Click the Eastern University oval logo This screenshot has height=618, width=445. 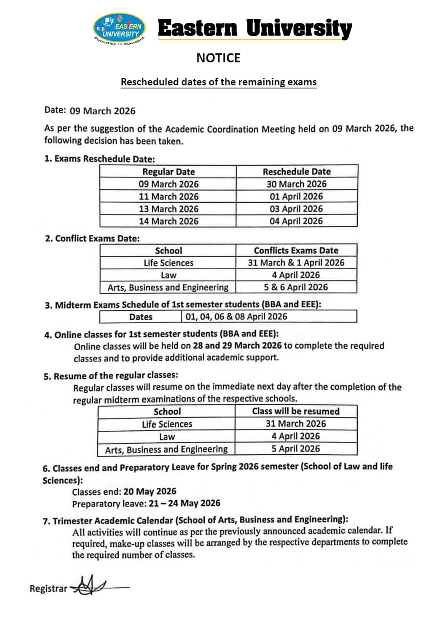[x=120, y=28]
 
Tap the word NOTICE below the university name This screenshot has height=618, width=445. [x=218, y=58]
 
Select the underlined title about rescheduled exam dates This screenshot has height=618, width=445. [x=219, y=82]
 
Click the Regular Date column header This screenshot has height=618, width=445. [x=168, y=172]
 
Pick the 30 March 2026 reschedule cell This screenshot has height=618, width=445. [x=297, y=184]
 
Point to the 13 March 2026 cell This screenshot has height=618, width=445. [x=168, y=209]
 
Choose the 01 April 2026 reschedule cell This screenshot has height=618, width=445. [x=296, y=196]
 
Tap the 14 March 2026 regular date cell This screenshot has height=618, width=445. [x=168, y=221]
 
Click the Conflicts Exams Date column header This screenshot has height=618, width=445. [x=296, y=251]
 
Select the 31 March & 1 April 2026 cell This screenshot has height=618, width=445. [x=296, y=263]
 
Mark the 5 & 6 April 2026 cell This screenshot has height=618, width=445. [x=296, y=287]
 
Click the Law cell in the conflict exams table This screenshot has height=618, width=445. [x=168, y=275]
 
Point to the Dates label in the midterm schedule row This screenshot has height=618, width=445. [x=141, y=317]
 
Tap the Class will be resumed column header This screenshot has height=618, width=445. [x=296, y=411]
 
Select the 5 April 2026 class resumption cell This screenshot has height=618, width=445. [x=296, y=449]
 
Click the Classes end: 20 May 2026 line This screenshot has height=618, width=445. [x=124, y=491]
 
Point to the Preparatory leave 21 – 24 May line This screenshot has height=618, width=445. [x=146, y=504]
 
